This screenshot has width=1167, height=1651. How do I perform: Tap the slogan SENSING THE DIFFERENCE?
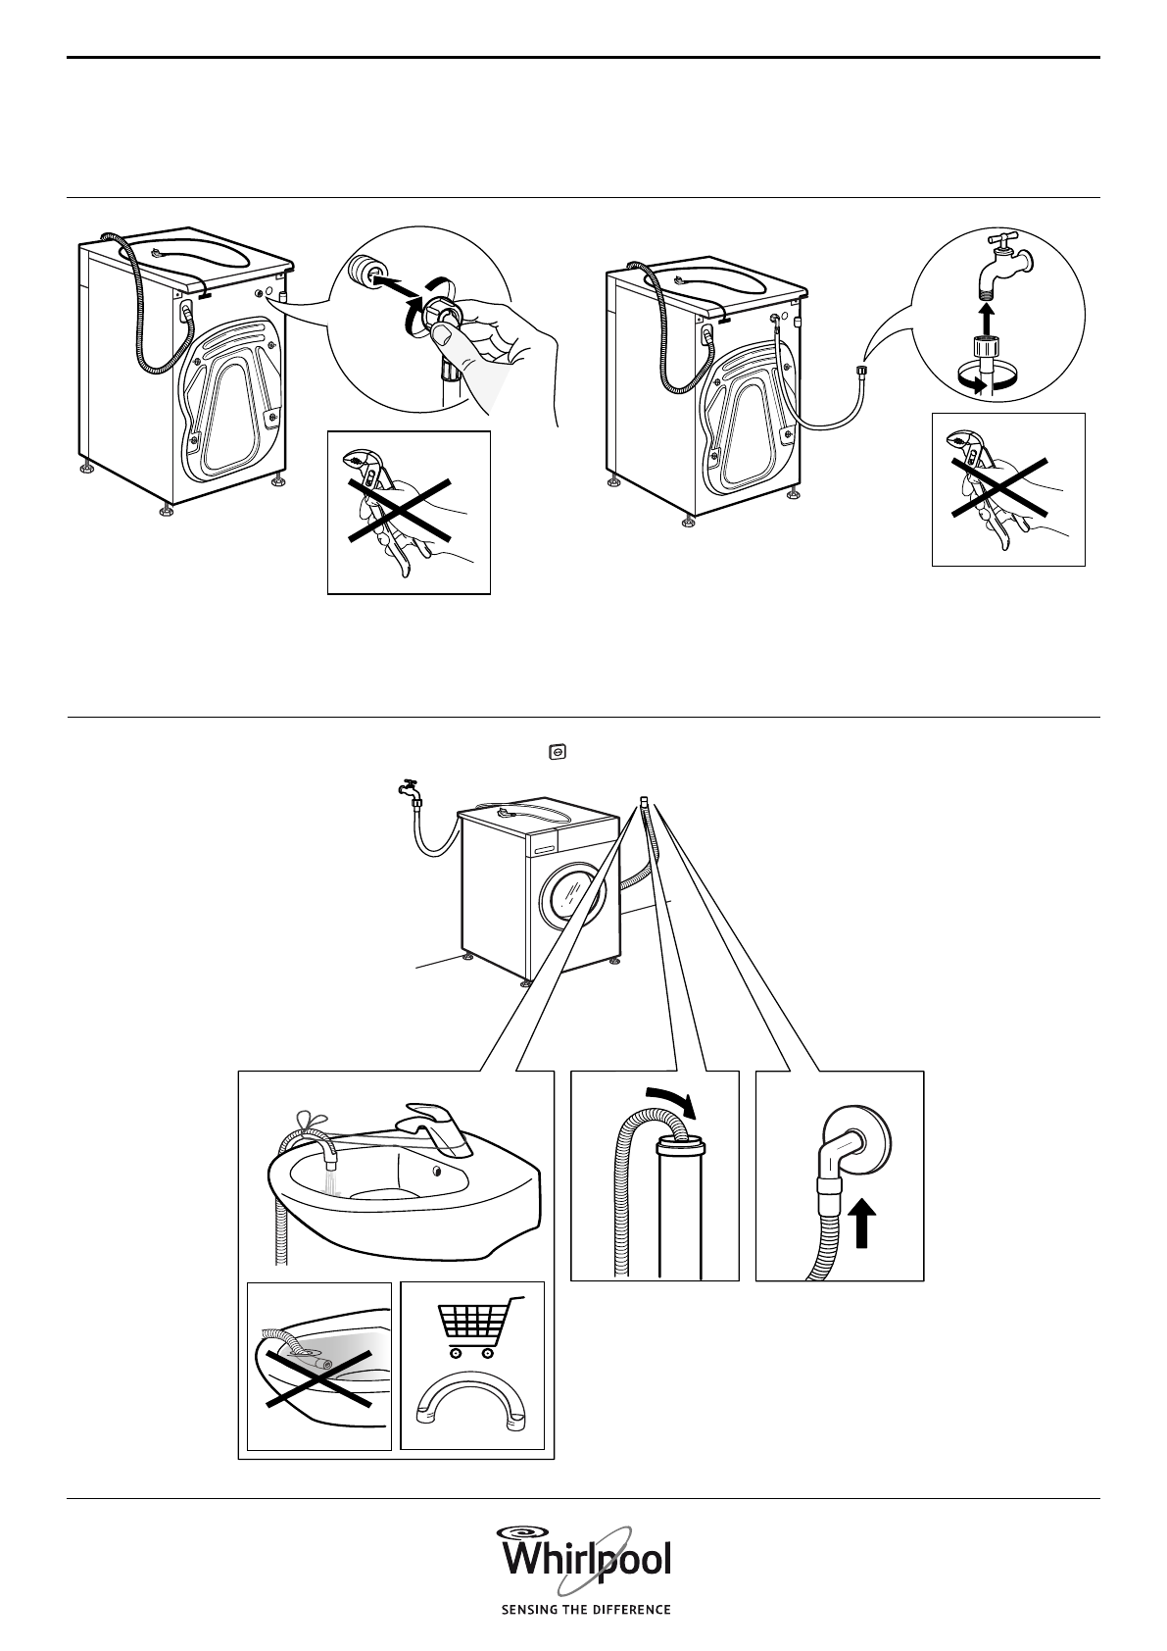[586, 1609]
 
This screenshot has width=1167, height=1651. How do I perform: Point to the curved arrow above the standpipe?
[671, 1102]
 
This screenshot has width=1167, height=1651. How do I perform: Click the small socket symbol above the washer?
[559, 751]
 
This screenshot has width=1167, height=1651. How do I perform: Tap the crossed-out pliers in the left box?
[400, 510]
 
